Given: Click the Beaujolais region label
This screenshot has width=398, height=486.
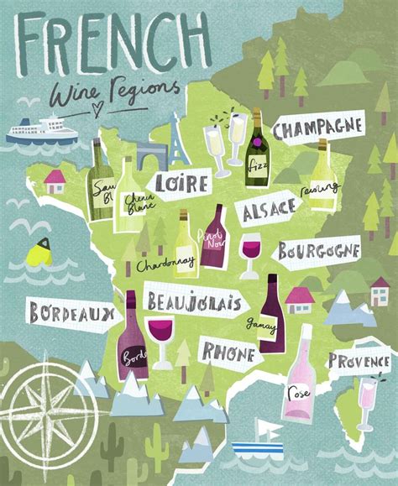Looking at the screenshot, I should point(193,300).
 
